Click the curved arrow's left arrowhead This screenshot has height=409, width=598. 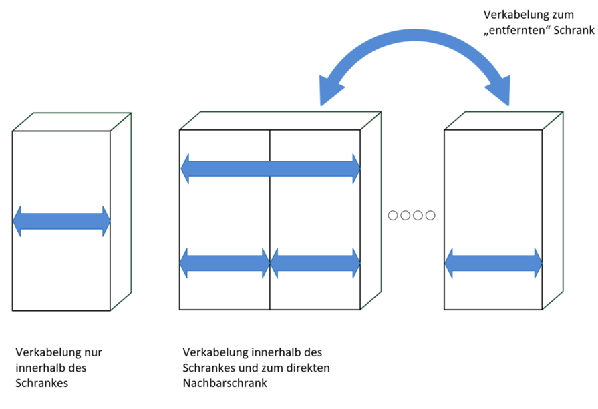click(328, 90)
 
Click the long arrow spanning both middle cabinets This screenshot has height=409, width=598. click(271, 169)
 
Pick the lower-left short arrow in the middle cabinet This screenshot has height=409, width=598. click(225, 263)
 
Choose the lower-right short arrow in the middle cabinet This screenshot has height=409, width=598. click(315, 263)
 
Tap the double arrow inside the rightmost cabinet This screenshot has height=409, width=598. click(493, 263)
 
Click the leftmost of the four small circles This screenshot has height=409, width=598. click(394, 215)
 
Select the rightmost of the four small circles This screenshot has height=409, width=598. click(430, 215)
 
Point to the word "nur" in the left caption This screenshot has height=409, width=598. click(94, 352)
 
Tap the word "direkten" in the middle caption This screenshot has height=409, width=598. click(311, 368)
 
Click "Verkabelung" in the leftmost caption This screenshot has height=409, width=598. click(45, 352)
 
